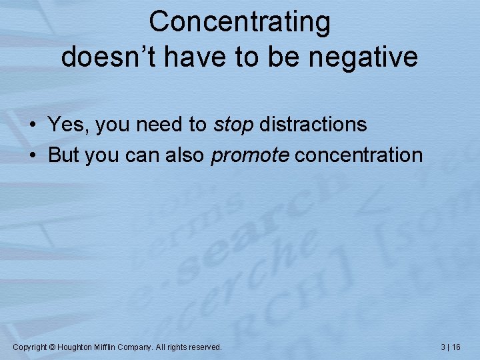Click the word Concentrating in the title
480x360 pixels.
click(239, 23)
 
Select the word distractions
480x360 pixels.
click(313, 125)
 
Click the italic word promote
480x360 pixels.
click(250, 156)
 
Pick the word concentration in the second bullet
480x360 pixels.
click(359, 155)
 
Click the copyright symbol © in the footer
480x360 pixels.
click(53, 347)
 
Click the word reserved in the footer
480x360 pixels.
click(203, 347)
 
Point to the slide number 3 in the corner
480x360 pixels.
click(443, 347)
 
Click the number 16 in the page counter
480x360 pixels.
click(456, 347)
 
